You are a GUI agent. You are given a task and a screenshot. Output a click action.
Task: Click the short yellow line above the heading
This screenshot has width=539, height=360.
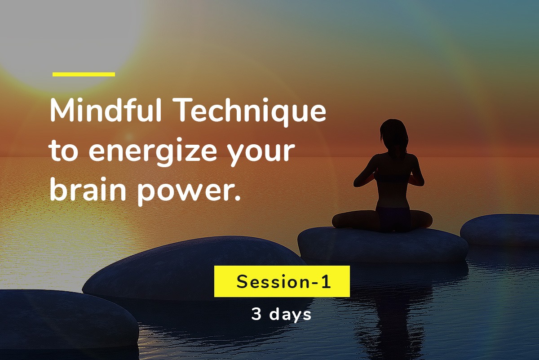pos(84,74)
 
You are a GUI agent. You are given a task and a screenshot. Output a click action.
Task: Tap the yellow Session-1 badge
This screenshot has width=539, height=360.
pos(282,281)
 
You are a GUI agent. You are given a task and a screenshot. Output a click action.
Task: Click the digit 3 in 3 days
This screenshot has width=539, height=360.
pos(256,315)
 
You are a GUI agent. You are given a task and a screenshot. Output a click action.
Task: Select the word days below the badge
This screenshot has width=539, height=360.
pos(290,315)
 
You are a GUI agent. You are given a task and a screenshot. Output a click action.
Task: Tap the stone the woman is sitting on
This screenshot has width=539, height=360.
pos(382,245)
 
